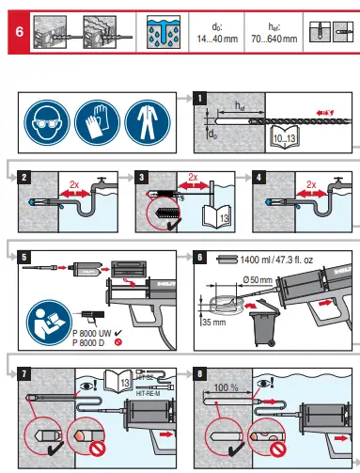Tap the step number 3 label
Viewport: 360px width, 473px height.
coord(141,175)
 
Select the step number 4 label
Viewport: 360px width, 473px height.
coord(260,175)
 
